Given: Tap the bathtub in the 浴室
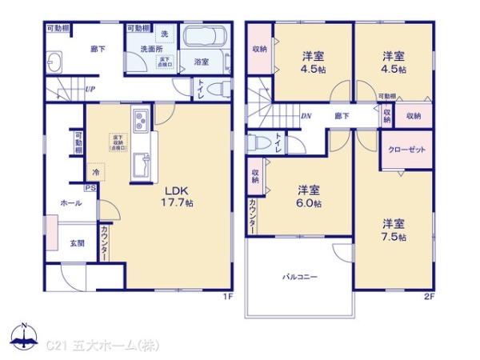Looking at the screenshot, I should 206,38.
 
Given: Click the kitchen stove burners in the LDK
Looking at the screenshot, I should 138,122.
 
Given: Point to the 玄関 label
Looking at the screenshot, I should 77,243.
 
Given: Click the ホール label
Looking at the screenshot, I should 70,203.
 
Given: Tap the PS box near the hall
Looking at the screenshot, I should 90,189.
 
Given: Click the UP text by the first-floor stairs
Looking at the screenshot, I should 90,89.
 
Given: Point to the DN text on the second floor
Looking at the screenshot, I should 306,114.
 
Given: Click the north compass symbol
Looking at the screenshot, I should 24,336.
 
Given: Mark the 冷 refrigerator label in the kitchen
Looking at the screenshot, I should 95,172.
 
